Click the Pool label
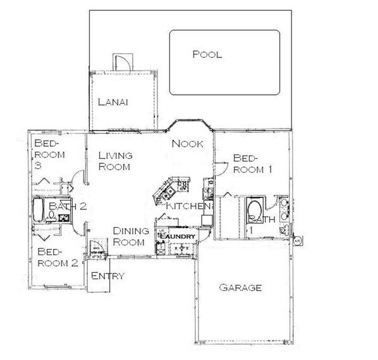207,54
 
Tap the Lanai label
113,102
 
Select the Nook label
187,144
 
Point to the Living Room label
115,161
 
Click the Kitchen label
188,206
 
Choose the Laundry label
178,236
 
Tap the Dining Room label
131,237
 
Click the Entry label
107,276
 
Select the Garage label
240,288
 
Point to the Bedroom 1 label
253,164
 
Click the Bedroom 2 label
58,258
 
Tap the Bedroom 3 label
49,154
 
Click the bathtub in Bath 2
38,209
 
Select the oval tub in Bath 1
254,211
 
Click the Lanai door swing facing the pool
123,63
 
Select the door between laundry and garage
204,234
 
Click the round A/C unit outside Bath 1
297,240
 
